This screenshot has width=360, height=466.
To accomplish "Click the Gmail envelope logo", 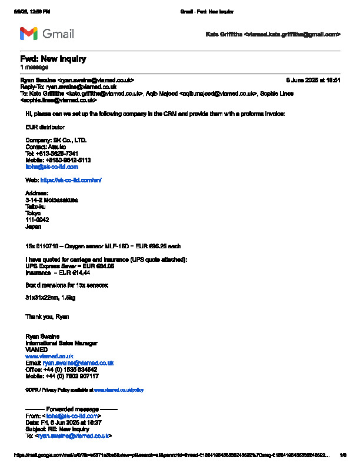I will [x=29, y=34].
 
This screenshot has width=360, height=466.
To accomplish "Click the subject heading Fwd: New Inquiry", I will [x=53, y=59].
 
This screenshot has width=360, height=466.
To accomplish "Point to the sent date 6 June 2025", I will [x=313, y=79].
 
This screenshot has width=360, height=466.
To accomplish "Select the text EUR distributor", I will [x=45, y=127].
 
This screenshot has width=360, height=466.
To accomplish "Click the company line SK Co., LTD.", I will [x=56, y=140].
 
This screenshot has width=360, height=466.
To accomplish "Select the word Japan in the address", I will [x=34, y=226].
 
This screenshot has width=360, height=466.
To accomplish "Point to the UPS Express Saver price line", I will [x=69, y=266].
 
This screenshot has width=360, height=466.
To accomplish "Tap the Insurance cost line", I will [x=58, y=272].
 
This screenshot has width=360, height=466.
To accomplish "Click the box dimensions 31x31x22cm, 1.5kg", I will [x=50, y=298].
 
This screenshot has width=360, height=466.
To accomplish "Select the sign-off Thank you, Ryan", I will [x=47, y=317].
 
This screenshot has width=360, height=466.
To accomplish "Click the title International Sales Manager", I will [x=61, y=343].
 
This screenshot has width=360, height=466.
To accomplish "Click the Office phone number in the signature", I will [x=61, y=369].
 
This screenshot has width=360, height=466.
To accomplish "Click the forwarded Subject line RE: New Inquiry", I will [x=57, y=429].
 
